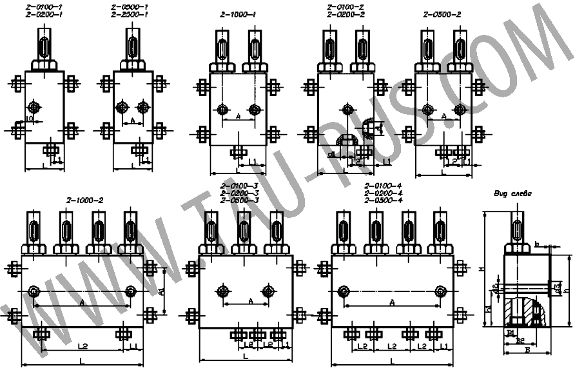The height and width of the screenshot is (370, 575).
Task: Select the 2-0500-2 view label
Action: (442, 14)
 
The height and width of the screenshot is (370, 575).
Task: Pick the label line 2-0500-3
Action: (239, 200)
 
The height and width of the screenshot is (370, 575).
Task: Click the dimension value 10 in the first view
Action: (29, 119)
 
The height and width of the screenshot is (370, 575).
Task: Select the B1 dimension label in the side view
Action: (509, 332)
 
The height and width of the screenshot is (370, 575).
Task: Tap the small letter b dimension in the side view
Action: (536, 244)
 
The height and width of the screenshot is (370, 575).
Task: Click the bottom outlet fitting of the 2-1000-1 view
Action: (238, 151)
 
